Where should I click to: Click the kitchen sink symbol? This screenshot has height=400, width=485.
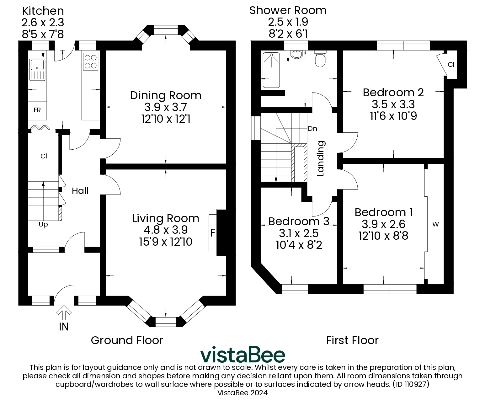coord(38,70)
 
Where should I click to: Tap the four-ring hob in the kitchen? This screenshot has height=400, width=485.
coord(91,61)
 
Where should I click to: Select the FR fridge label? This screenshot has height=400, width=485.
coord(37,110)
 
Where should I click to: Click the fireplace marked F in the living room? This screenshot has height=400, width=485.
coord(213,233)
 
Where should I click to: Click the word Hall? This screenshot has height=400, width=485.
coord(80,191)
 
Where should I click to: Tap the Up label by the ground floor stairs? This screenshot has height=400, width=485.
coord(43,225)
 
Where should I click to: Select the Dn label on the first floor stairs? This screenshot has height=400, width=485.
coord(312,129)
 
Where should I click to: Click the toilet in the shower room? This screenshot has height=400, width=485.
coord(320,59)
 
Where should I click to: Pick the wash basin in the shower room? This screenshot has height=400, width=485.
coord(296,54)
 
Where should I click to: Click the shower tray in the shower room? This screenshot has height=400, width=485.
coord(271,70)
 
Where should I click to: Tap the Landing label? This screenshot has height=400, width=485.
coord(320,159)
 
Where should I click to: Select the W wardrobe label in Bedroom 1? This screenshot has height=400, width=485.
coord(435,224)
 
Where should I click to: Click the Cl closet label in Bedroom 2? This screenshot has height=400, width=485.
coord(451,65)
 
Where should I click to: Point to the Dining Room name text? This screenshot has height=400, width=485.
coord(166,95)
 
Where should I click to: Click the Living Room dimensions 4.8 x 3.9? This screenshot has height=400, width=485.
coord(166,230)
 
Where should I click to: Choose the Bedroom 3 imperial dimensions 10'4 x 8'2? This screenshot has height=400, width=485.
coord(299,245)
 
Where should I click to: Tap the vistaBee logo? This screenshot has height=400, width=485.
coord(243,355)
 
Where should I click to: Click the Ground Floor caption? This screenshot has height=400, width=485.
coord(127,340)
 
